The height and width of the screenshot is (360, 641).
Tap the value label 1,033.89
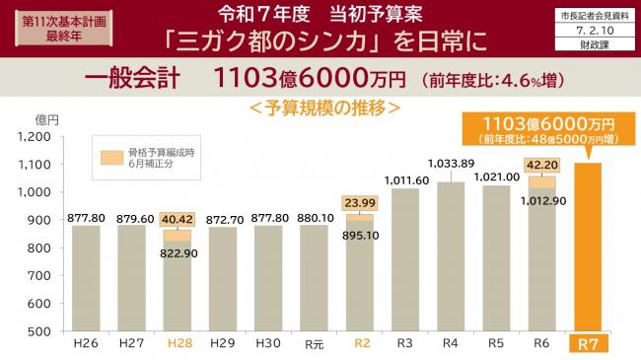pos(452,163)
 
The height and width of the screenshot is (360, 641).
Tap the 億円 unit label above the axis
pos(46,118)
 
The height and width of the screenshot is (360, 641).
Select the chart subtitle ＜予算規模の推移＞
pos(322,106)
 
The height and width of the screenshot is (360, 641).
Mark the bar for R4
pos(452,256)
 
